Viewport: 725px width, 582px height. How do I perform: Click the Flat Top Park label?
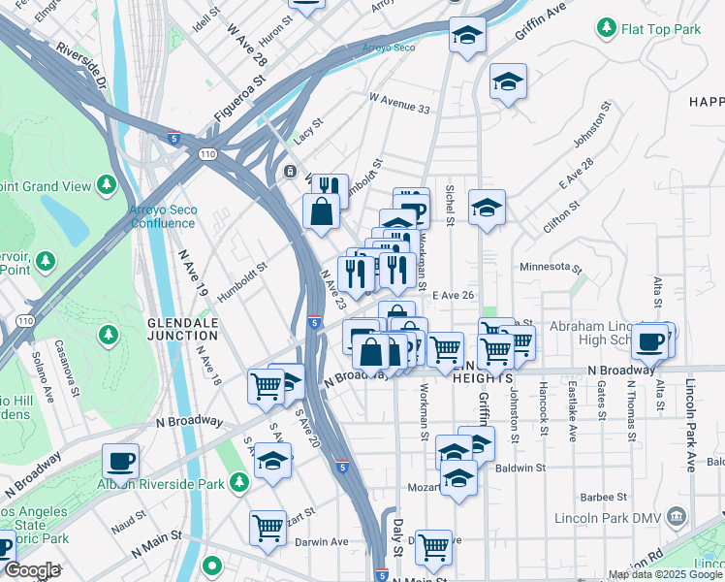point(661,29)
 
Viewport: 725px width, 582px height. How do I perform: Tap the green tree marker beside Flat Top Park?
point(608,27)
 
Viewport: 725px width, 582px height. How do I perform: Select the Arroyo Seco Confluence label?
point(162,216)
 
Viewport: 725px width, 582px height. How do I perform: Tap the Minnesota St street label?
point(550,268)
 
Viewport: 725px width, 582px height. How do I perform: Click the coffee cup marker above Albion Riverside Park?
point(121,460)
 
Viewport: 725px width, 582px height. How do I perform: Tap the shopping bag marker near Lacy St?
point(321,210)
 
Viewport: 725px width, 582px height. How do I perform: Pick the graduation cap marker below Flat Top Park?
point(507,81)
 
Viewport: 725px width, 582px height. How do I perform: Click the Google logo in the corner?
point(32,571)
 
